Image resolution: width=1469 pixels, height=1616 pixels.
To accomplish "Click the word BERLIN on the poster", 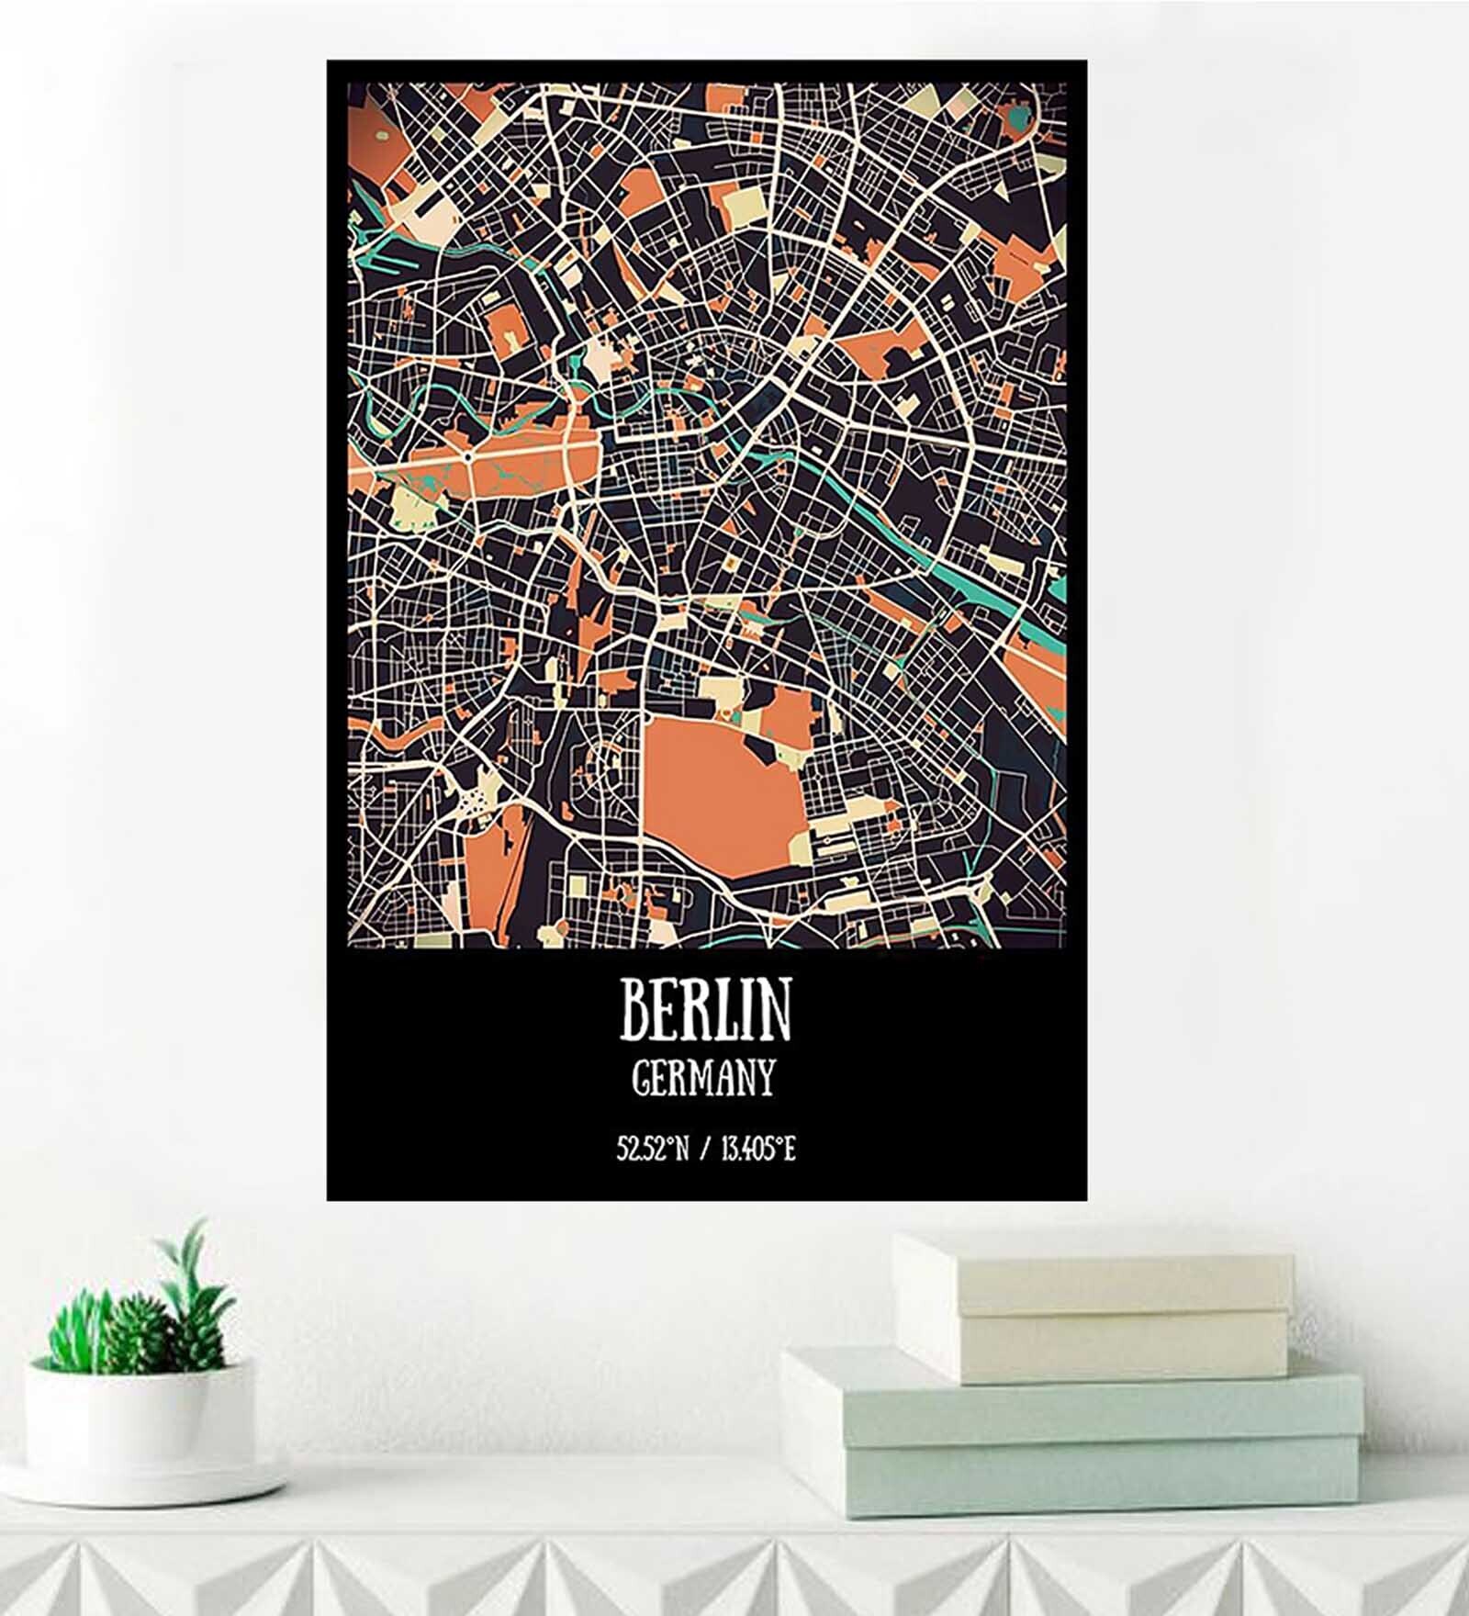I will [x=705, y=1009].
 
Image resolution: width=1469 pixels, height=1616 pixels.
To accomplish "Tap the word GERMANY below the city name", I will [x=704, y=1078].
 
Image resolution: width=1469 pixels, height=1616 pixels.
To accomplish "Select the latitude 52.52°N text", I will [x=652, y=1149].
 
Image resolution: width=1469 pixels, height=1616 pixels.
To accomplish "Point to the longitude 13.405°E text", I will [x=757, y=1149].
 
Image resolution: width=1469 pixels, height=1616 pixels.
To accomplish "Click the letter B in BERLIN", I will [x=637, y=1009].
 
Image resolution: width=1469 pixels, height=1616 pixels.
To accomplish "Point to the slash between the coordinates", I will [x=703, y=1149].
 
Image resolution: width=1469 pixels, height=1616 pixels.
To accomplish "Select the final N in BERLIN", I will [x=776, y=1009].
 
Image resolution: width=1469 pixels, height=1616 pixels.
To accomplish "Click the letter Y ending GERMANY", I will [x=765, y=1078].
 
